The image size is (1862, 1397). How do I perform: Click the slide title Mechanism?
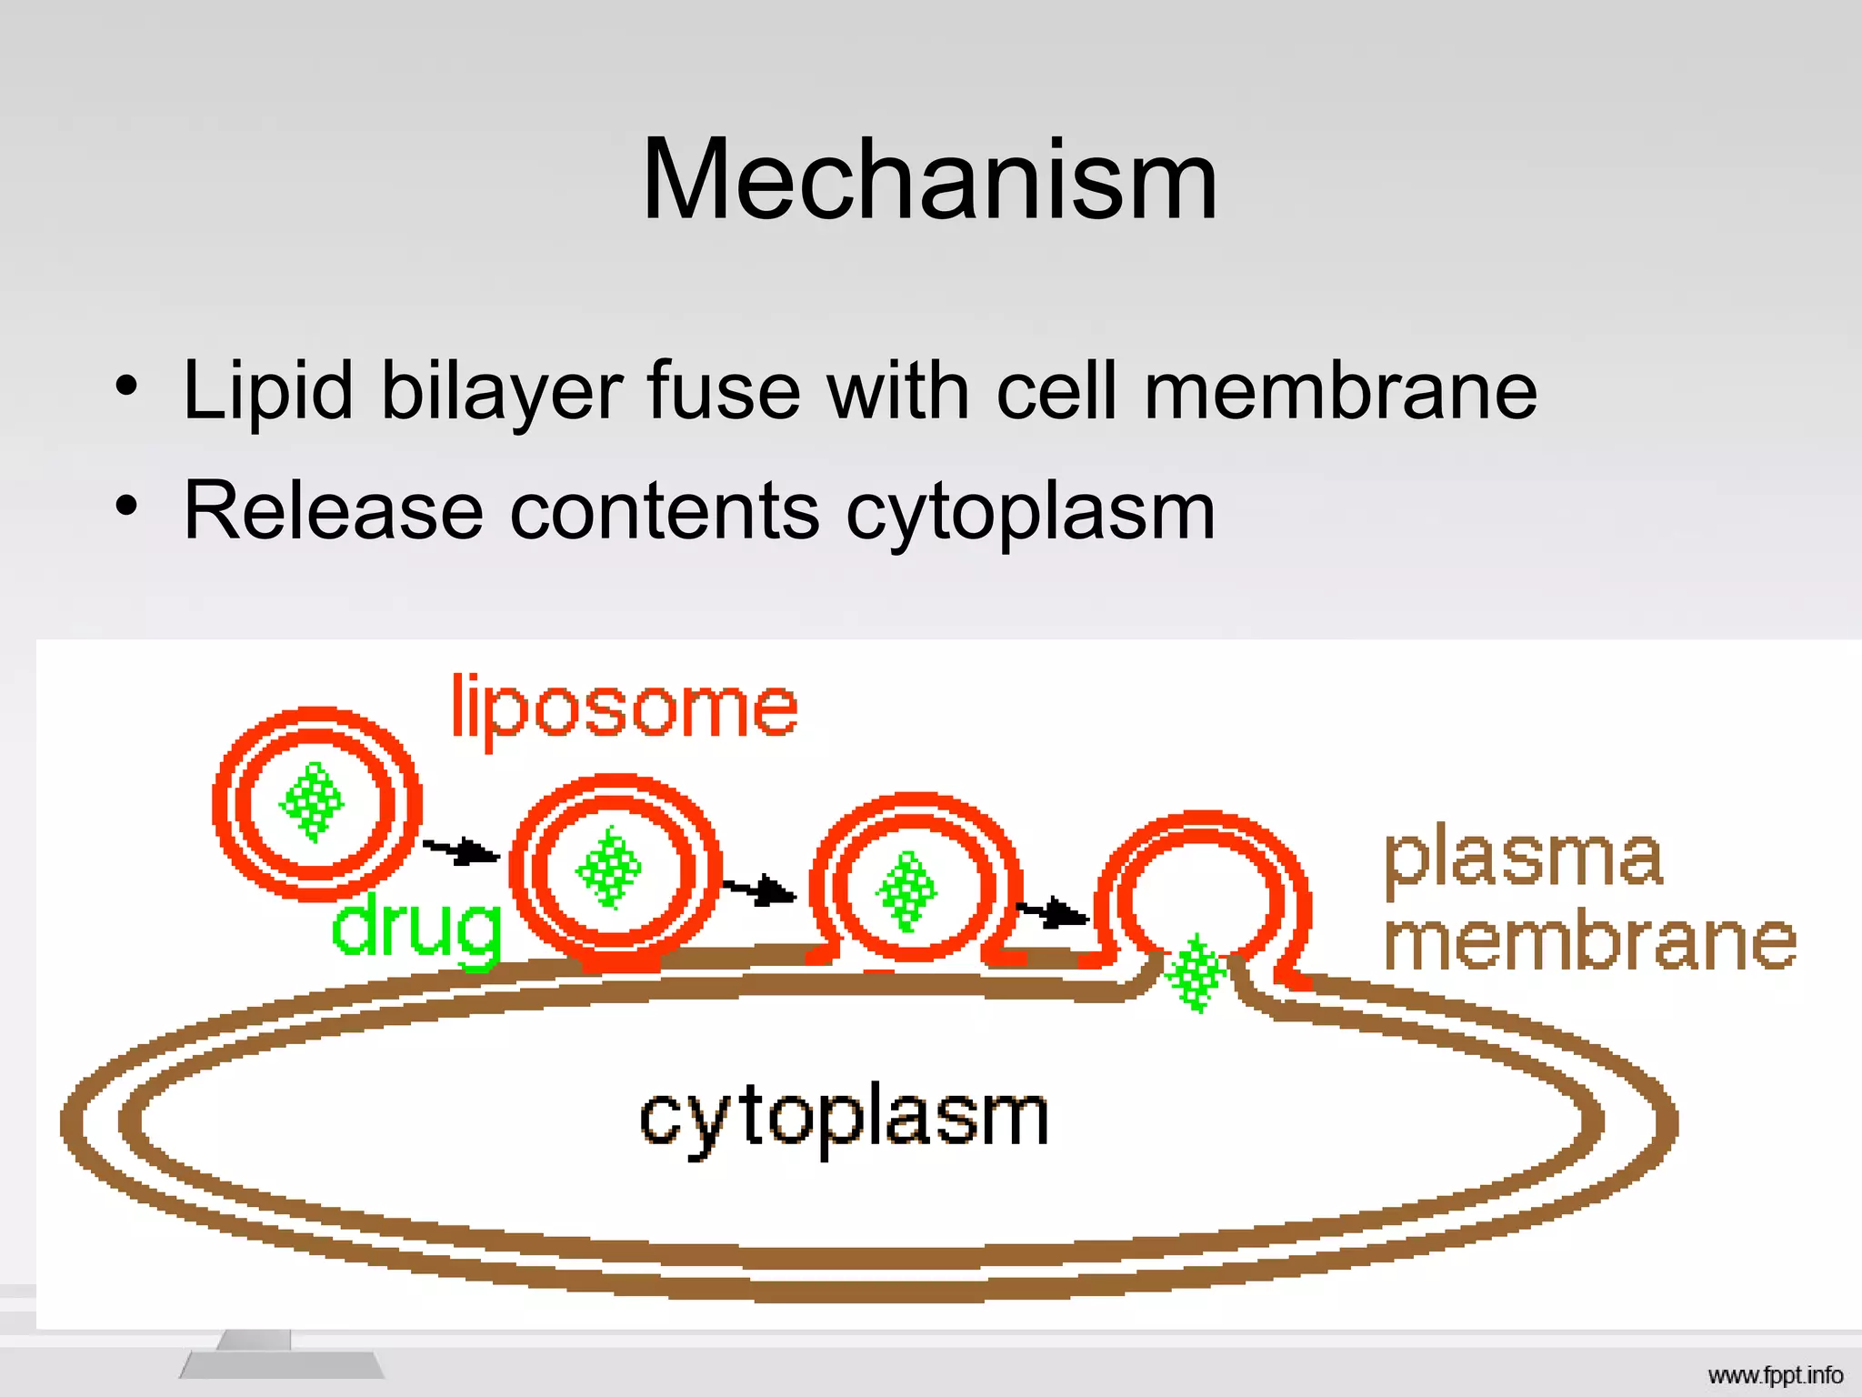tap(929, 179)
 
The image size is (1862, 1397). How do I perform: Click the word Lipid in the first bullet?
tap(267, 391)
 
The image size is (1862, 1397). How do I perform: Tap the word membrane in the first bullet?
tap(1340, 391)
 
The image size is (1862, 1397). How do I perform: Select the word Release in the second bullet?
tap(333, 511)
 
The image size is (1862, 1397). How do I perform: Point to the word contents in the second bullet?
tap(665, 511)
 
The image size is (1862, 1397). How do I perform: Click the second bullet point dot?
tap(127, 508)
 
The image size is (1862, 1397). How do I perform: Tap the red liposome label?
tap(625, 709)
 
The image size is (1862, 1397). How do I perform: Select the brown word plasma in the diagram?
tap(1523, 859)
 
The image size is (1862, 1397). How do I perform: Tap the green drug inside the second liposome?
tap(609, 868)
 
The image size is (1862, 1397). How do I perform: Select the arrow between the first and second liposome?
tap(462, 852)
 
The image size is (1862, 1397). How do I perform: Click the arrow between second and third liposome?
tap(760, 890)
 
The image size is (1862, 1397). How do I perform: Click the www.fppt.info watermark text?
tap(1775, 1375)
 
